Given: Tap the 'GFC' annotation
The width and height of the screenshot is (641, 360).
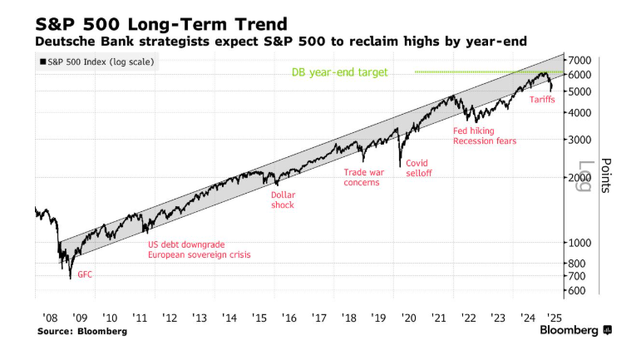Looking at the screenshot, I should point(86,274).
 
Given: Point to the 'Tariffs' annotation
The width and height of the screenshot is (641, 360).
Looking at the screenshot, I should point(542,100).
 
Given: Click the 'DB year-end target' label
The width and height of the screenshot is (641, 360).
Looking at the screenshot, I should point(340,72).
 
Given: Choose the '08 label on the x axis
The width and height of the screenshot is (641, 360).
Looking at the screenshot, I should point(48,318).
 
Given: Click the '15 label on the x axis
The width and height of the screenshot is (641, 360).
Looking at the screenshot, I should point(259,318).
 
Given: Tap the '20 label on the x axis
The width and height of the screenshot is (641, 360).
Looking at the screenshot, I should point(408,318).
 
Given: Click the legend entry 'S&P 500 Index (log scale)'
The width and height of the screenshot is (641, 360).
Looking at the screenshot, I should point(97,62).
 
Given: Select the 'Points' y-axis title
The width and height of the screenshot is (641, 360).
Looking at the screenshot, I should point(605,175).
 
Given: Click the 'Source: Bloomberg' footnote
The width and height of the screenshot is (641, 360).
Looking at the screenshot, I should point(82,331).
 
